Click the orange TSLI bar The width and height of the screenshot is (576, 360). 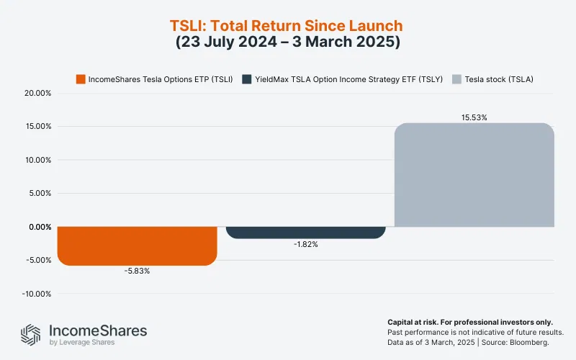tap(137, 246)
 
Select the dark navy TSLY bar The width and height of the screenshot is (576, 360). tap(305, 233)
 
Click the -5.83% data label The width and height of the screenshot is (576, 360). tap(137, 271)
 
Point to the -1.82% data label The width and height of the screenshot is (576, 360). tap(305, 244)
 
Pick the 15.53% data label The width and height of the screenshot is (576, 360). tap(474, 117)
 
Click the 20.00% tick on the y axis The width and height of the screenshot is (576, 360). tap(37, 93)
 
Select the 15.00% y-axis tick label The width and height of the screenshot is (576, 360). tap(37, 127)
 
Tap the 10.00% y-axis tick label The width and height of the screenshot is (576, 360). tap(37, 160)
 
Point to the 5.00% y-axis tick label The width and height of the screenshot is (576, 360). tap(39, 194)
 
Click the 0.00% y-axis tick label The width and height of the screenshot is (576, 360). tap(39, 227)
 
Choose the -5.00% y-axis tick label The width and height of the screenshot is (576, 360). tap(37, 261)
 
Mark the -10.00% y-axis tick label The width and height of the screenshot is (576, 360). tap(35, 294)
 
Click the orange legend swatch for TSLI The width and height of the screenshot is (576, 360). tap(81, 78)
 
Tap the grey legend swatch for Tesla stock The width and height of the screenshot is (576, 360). tap(456, 78)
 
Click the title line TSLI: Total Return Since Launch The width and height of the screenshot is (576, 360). tap(288, 25)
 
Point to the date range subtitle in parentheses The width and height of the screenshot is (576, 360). tap(288, 42)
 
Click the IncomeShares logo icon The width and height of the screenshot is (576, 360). tap(30, 334)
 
